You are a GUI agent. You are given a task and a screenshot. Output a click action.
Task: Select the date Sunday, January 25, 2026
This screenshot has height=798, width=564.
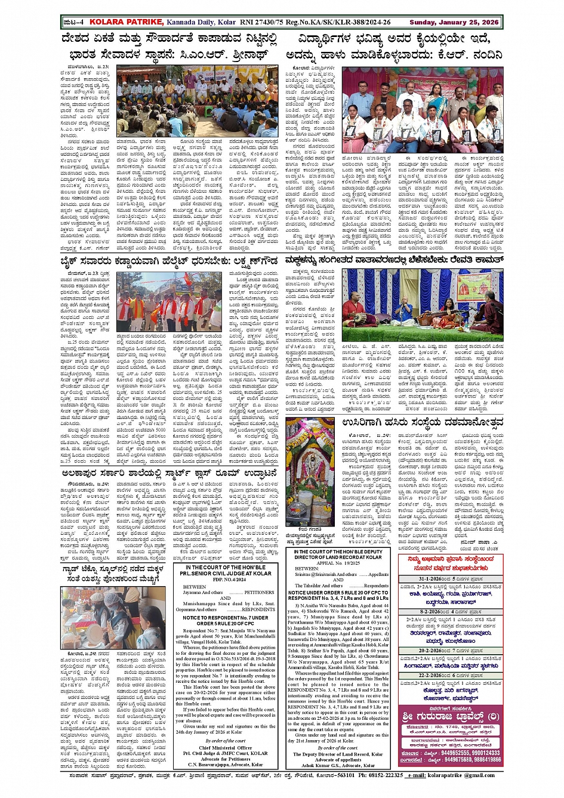[x=454, y=22]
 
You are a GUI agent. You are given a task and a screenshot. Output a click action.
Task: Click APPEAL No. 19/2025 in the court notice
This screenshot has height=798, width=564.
[x=338, y=562]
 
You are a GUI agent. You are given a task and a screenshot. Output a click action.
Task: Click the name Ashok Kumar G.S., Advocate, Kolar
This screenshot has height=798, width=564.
[x=338, y=765]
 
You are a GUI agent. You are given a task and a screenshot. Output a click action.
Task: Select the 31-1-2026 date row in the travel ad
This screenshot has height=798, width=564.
[x=450, y=579]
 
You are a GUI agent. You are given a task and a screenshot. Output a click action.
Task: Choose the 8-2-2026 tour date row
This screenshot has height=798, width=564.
[x=450, y=612]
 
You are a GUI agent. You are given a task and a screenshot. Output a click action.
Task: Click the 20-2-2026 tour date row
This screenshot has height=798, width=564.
[x=450, y=651]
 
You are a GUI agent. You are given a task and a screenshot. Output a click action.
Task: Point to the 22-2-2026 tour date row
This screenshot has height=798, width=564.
[x=450, y=675]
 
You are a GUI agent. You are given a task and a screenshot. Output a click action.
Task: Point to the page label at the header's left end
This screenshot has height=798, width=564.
[x=73, y=22]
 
